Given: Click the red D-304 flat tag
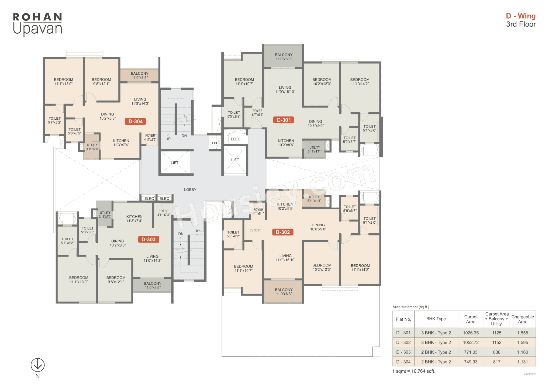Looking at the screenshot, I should coord(135,122).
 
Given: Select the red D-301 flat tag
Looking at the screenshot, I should coord(284,120).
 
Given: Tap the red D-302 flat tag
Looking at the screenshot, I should coord(283,232).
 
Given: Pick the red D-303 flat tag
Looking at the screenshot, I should coord(149,239).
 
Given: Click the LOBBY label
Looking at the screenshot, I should coord(190,190).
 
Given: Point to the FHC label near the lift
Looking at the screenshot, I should coord(215,143).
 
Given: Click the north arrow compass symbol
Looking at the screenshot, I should coord(37,365).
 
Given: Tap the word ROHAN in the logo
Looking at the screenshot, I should coord(37,17).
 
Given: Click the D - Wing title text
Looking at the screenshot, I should coord(520,16).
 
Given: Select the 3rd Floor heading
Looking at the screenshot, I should coord(521,24).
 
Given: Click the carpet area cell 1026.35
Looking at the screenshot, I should coord(471,333).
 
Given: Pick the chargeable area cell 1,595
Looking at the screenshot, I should coord(522,342).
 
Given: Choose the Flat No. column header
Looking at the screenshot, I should coord(403,319).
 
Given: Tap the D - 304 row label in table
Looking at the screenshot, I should coord(403,362).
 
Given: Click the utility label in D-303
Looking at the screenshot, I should coord(105,214).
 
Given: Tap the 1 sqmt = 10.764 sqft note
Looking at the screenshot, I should coord(414,371).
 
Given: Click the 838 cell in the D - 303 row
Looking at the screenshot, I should coord(496,352).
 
